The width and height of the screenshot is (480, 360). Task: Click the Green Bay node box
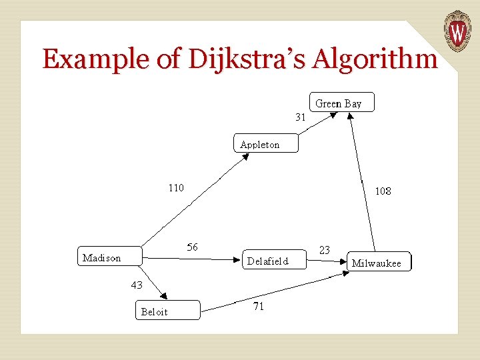click(342, 103)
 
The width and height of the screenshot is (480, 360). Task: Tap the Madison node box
click(107, 257)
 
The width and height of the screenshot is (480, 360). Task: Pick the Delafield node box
click(272, 261)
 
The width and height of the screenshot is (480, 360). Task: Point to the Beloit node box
click(167, 311)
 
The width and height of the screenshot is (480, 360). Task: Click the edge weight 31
click(301, 117)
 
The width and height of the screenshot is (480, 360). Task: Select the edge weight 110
click(175, 187)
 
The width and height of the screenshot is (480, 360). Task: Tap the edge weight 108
click(383, 191)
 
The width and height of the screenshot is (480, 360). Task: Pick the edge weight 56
click(192, 247)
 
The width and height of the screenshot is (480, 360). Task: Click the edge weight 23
click(325, 250)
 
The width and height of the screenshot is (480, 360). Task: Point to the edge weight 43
click(136, 285)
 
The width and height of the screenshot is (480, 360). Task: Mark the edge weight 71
click(259, 306)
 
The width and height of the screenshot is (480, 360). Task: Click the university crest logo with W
click(457, 31)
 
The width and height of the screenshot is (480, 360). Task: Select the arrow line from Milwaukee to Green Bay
click(361, 180)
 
